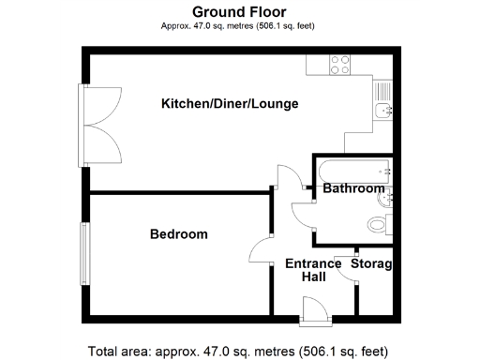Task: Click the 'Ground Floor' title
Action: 239,11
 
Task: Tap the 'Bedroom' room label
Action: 179,233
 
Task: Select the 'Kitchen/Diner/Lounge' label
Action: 230,103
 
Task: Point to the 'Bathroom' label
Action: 353,188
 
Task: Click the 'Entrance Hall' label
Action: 313,271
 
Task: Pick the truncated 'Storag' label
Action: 371,263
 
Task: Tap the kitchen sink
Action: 382,111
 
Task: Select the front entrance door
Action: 314,309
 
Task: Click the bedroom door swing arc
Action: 260,250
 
